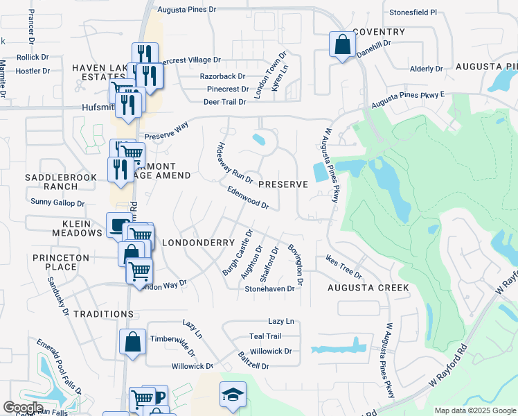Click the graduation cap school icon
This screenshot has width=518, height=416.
click(x=233, y=395)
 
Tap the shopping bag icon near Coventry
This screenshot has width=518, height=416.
click(x=341, y=45)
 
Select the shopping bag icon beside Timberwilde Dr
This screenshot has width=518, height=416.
click(x=132, y=342)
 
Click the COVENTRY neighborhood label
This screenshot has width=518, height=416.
click(x=378, y=33)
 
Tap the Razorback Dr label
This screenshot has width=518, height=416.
click(x=223, y=76)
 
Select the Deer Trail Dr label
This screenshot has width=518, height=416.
click(x=224, y=102)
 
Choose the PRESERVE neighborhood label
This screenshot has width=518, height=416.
click(x=283, y=185)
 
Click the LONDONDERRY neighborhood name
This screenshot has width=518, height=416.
click(x=190, y=243)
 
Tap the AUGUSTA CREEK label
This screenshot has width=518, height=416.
click(x=368, y=288)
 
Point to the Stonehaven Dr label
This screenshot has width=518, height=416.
click(x=269, y=288)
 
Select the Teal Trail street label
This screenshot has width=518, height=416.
click(x=265, y=336)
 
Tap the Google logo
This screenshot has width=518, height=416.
click(x=23, y=408)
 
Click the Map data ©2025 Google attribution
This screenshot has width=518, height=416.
click(x=474, y=410)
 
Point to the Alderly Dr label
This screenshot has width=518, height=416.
click(x=426, y=69)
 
